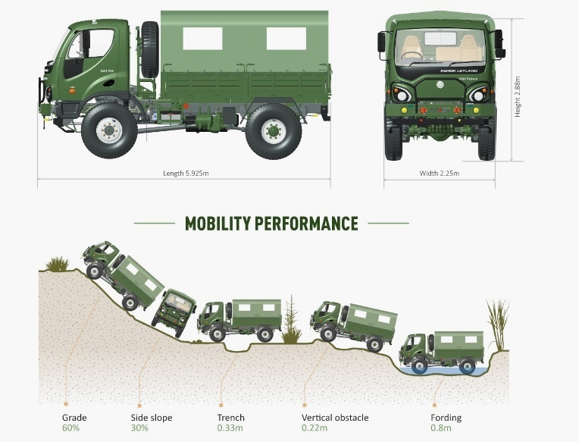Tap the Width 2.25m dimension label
[x=439, y=174]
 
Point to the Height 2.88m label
[x=518, y=95]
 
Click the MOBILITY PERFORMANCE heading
[x=271, y=224]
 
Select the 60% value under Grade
[x=70, y=428]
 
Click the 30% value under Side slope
[x=140, y=428]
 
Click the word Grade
[x=74, y=418]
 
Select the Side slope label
[x=152, y=418]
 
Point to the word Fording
[x=445, y=418]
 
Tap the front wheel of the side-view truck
[x=109, y=130]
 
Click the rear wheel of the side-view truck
[x=273, y=130]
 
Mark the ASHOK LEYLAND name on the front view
[x=440, y=70]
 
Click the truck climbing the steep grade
[x=121, y=274]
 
